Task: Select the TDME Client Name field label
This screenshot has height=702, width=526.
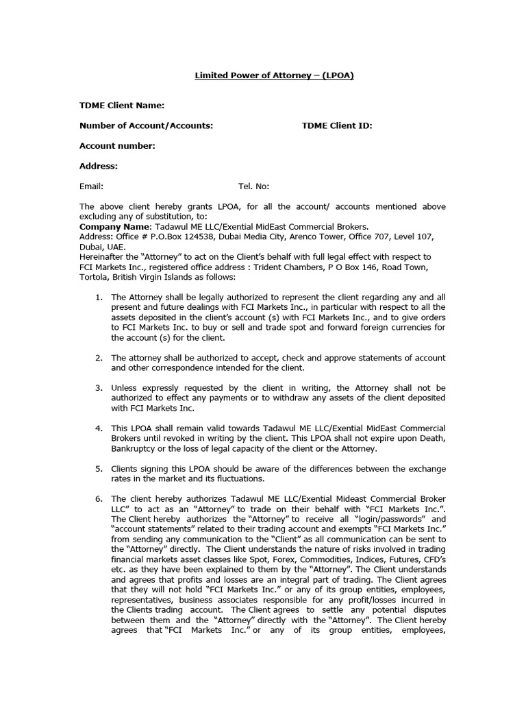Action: pyautogui.click(x=122, y=106)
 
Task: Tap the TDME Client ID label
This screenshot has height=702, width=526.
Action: pyautogui.click(x=337, y=125)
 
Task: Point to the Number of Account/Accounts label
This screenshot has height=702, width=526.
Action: pyautogui.click(x=146, y=125)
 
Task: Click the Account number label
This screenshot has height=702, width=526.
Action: pyautogui.click(x=117, y=145)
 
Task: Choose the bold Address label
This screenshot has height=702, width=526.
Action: pyautogui.click(x=99, y=165)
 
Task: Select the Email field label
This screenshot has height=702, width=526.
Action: pyautogui.click(x=91, y=186)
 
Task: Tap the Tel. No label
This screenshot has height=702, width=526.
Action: pyautogui.click(x=253, y=186)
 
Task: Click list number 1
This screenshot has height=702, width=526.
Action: pyautogui.click(x=99, y=298)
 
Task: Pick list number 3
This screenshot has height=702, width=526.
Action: pyautogui.click(x=99, y=388)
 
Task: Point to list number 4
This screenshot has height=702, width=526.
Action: pyautogui.click(x=99, y=428)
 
